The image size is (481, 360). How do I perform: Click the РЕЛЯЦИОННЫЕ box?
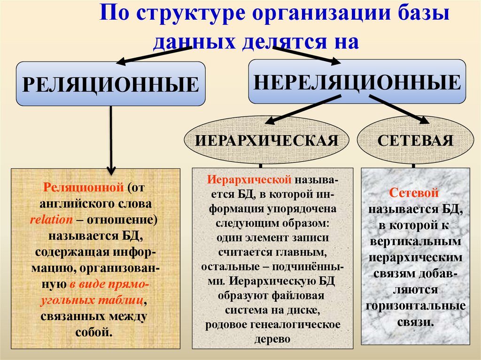[111, 84]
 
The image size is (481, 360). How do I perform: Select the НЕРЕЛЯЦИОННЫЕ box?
[357, 81]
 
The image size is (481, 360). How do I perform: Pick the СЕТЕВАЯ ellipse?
[415, 140]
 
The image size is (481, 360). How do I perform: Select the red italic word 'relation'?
[51, 220]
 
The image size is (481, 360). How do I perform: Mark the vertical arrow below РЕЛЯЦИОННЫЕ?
[111, 141]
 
